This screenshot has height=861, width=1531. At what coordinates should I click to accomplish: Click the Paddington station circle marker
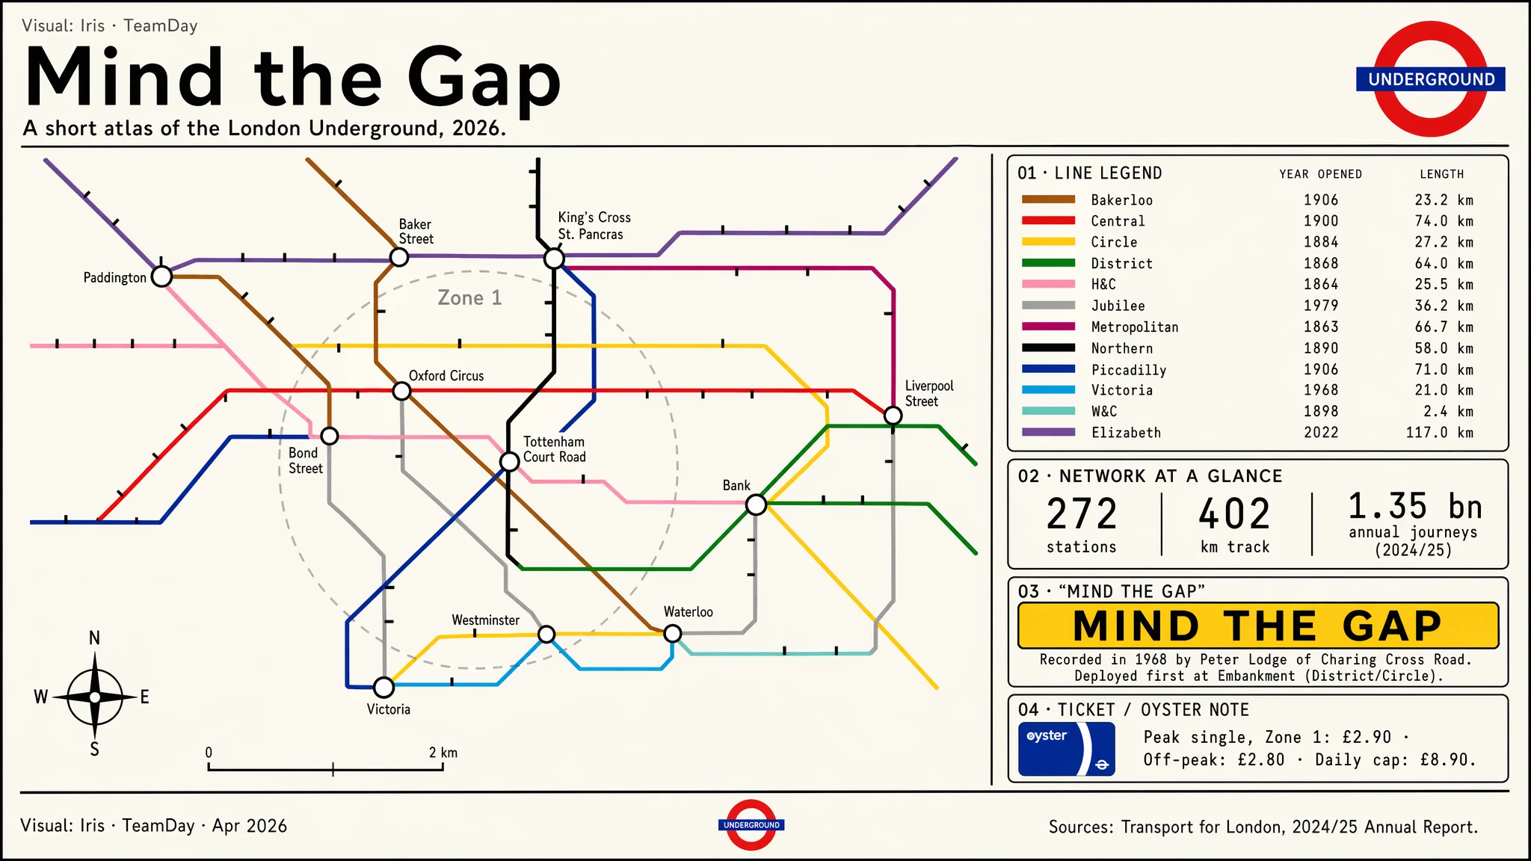coord(161,277)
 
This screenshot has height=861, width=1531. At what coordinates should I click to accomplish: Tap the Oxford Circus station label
coord(446,376)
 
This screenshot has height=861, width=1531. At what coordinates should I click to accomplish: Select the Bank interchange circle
coord(756,505)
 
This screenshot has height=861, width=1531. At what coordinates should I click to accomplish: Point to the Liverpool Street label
coord(928,393)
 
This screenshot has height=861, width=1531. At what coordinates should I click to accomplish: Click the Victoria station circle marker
coord(383,687)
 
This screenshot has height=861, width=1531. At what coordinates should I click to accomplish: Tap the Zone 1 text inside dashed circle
coord(469,298)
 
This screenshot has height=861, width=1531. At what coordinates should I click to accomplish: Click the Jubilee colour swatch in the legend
coord(1048,305)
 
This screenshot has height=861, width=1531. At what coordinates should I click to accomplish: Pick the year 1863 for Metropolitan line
coord(1321,327)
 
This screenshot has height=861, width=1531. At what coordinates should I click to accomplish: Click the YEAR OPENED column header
coord(1320,174)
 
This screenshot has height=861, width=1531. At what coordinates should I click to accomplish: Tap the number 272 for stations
coord(1081,514)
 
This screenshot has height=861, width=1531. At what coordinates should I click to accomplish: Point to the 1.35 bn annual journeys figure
coord(1414,507)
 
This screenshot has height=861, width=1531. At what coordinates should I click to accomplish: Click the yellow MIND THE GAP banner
coord(1257,626)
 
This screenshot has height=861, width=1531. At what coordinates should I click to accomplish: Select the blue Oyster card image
coord(1066,749)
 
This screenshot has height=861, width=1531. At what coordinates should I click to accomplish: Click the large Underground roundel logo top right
coord(1430,79)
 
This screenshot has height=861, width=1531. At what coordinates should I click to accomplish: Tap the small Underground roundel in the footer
coord(751,825)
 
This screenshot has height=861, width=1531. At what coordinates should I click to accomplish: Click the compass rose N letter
coord(94,638)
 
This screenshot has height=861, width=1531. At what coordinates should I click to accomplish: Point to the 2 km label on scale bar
coord(443,753)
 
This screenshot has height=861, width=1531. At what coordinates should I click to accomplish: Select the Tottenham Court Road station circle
coord(509,462)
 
